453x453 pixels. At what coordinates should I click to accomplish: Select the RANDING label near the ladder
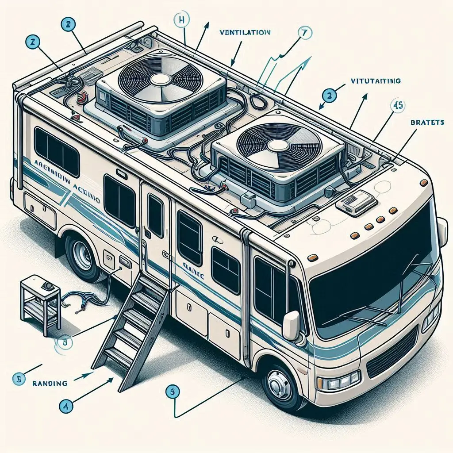tap(50, 384)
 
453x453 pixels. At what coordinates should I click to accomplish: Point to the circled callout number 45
tap(398, 106)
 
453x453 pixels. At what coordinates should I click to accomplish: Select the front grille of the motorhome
tap(392, 354)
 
